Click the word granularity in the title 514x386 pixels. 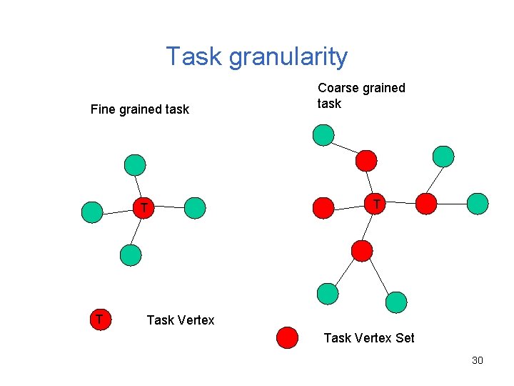pos(288,56)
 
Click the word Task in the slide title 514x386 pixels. pos(195,56)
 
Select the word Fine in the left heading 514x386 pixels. pos(103,109)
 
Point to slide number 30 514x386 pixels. pos(478,360)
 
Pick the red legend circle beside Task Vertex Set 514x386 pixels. pos(287,337)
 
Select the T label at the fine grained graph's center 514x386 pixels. pos(143,208)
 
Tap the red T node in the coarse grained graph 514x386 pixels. pos(376,204)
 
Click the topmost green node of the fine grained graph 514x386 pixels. pos(134,165)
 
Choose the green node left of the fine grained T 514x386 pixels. pos(92,212)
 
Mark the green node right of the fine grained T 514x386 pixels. pos(195,208)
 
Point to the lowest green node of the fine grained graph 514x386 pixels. pos(131,254)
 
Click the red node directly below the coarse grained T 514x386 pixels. pos(363,250)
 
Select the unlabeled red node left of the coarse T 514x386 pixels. pos(324,207)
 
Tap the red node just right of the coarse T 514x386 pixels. pos(426,204)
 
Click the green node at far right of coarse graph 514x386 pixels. pos(478,203)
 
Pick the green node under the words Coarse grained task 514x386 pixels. pos(323,134)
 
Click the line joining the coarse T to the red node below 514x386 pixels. pos(369,227)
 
